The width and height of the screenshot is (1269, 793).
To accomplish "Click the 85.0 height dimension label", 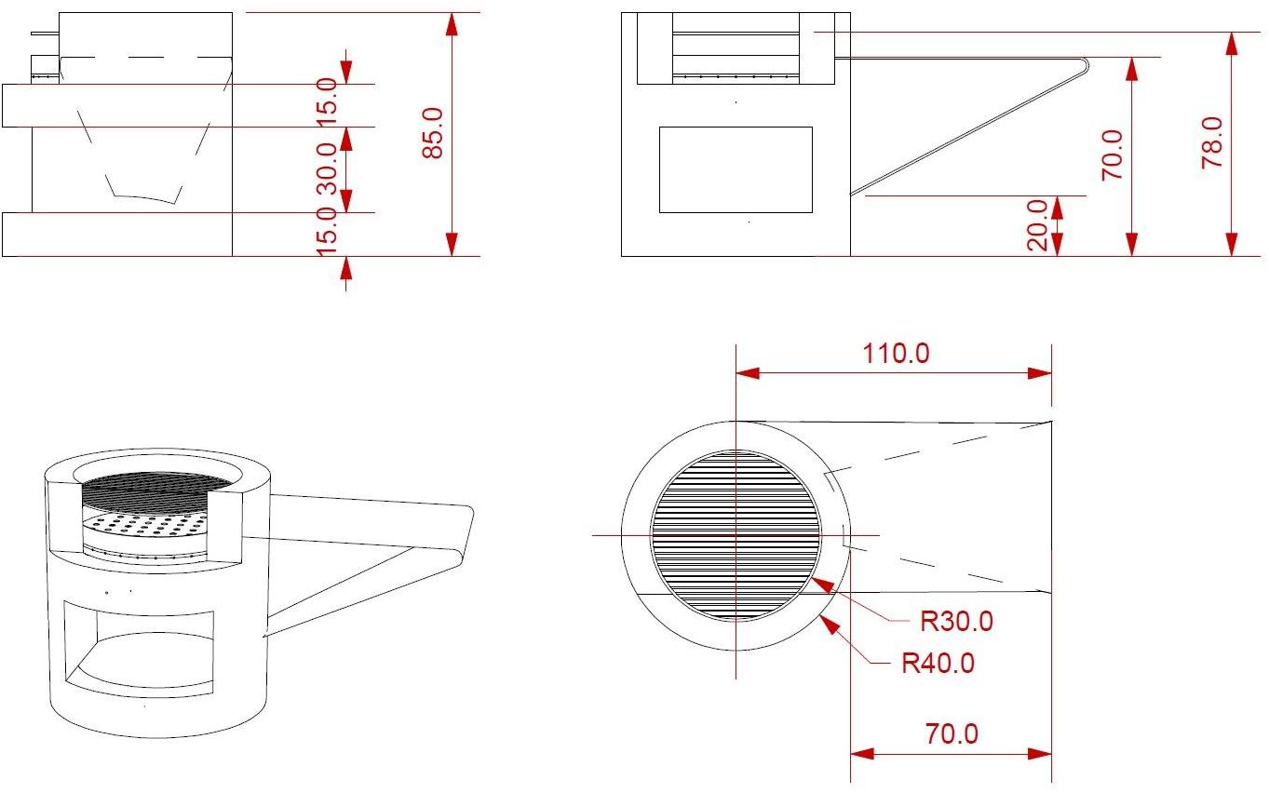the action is pyautogui.click(x=433, y=132).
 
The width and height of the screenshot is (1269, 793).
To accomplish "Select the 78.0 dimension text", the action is pyautogui.click(x=1212, y=142).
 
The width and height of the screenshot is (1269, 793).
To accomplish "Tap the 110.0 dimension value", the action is pyautogui.click(x=896, y=354).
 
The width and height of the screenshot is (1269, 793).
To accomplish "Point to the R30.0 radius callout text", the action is pyautogui.click(x=956, y=621).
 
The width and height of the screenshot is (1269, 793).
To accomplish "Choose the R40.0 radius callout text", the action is pyautogui.click(x=938, y=663).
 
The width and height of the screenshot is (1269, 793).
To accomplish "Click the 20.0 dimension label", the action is pyautogui.click(x=1037, y=225).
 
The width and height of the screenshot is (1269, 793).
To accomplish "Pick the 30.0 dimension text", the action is pyautogui.click(x=327, y=168).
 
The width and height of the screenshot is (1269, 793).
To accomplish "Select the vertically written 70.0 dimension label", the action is pyautogui.click(x=1112, y=155).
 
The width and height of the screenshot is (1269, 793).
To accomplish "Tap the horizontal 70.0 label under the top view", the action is pyautogui.click(x=952, y=733).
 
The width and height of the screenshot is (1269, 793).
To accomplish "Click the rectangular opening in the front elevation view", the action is pyautogui.click(x=736, y=170).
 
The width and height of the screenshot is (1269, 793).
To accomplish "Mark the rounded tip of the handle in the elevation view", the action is pyautogui.click(x=1085, y=64).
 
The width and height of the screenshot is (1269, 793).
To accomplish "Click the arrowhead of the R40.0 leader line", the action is pyautogui.click(x=830, y=624).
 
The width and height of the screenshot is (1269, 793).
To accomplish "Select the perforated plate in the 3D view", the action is pyautogui.click(x=144, y=528).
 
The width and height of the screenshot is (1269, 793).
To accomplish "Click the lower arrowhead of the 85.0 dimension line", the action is pyautogui.click(x=452, y=244).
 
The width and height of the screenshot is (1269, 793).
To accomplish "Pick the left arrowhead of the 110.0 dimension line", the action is pyautogui.click(x=748, y=372).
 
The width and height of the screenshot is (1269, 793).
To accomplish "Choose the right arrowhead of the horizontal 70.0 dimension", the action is pyautogui.click(x=1040, y=754).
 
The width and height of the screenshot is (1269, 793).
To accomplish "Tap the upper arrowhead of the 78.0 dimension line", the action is pyautogui.click(x=1232, y=44).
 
